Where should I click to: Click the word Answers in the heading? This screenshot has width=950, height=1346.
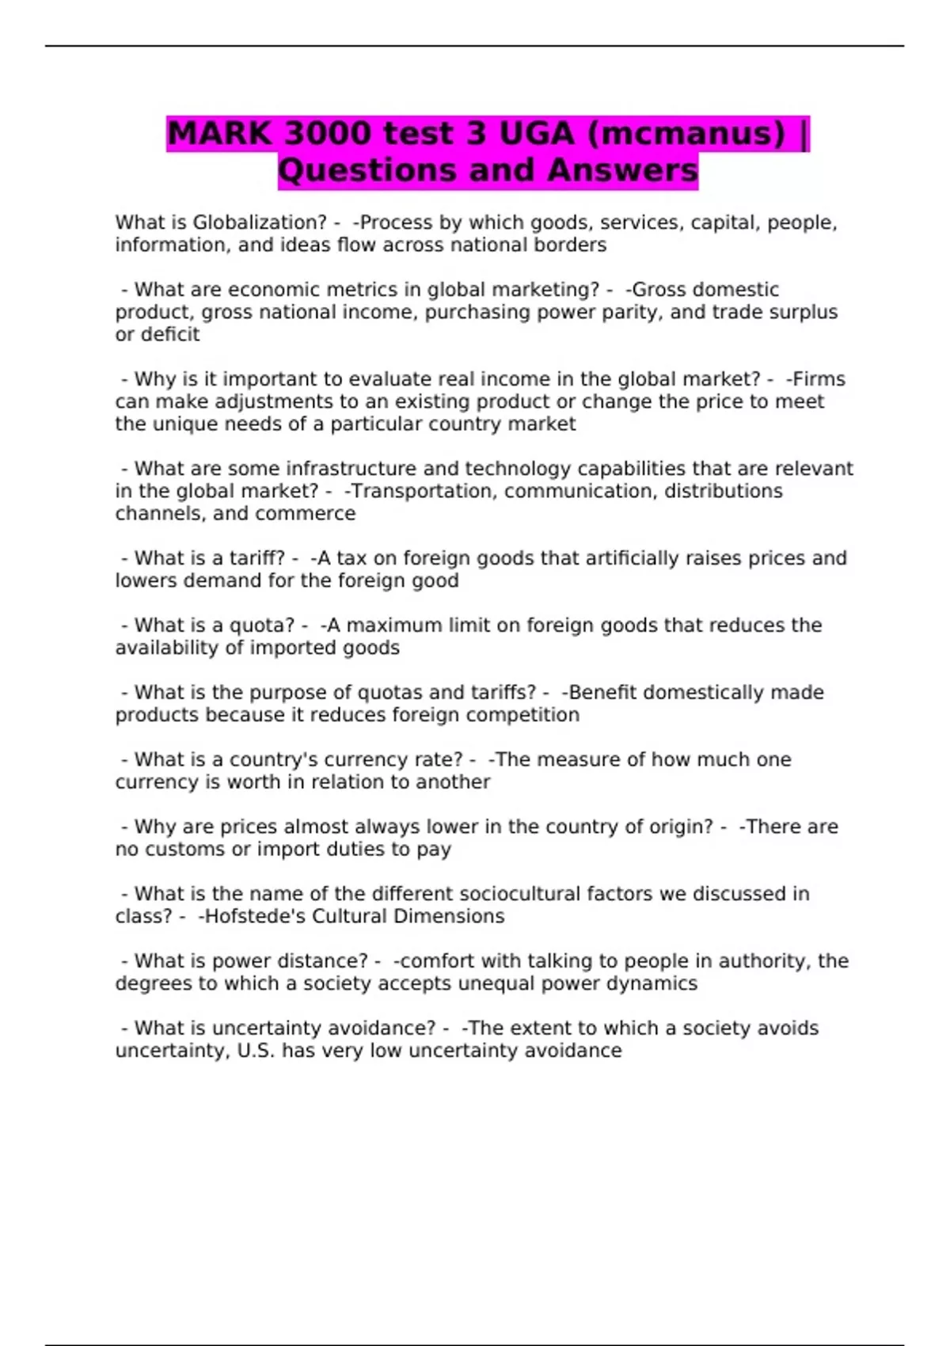click(x=622, y=170)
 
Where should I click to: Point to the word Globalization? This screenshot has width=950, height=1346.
click(x=260, y=222)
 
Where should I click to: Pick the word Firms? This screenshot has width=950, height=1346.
click(x=819, y=379)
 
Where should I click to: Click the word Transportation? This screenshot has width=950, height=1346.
click(x=424, y=491)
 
